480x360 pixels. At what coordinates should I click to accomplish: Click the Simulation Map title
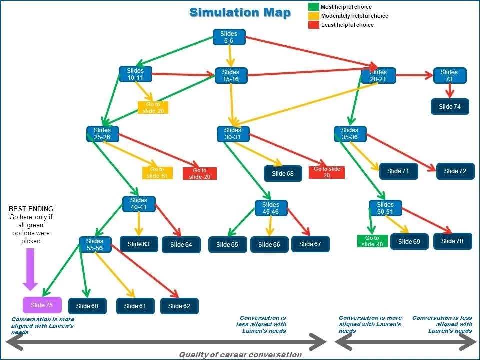[240, 13]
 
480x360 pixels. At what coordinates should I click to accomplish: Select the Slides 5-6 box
[229, 37]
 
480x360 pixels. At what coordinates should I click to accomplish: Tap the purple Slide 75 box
[42, 305]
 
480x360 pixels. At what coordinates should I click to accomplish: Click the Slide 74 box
[450, 107]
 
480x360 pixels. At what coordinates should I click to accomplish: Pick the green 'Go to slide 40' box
[372, 241]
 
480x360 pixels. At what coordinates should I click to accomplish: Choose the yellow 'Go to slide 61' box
[157, 173]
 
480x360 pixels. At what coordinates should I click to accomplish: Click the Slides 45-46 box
[271, 208]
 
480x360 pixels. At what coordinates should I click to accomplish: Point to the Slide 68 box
[283, 174]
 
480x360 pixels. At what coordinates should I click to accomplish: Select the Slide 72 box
[455, 171]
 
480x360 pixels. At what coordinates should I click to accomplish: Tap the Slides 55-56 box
[95, 245]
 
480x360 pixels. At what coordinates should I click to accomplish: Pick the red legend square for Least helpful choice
[314, 25]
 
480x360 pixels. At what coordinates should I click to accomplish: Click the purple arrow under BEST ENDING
[30, 269]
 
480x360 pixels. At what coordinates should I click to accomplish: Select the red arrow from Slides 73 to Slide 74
[449, 91]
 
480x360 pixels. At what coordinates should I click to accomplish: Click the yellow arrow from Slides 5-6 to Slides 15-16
[230, 56]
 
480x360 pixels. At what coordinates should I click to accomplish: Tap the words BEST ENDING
[31, 209]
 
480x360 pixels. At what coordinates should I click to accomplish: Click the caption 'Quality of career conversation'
[240, 355]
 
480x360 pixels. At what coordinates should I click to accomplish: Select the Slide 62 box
[179, 306]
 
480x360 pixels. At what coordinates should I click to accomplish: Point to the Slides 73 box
[450, 76]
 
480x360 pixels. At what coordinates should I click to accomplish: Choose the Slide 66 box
[269, 244]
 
